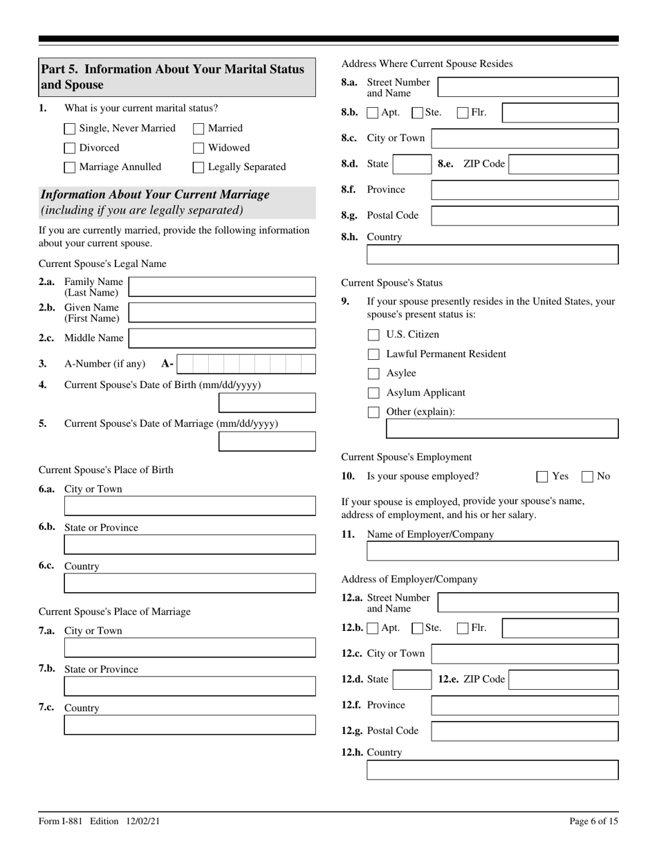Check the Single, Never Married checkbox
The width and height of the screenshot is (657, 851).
[x=69, y=129]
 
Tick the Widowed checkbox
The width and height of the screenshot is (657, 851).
[x=198, y=148]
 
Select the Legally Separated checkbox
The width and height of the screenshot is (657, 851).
[x=198, y=167]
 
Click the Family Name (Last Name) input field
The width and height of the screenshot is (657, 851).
[x=222, y=287]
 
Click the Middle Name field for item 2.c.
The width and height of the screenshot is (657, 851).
[x=222, y=338]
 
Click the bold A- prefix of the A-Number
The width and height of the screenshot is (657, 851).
[x=167, y=364]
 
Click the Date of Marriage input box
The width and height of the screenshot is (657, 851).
[x=267, y=441]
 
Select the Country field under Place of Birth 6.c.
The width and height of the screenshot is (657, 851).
[x=189, y=583]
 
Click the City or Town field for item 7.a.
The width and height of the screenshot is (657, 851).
[x=189, y=648]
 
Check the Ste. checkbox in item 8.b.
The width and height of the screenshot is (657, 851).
[x=417, y=113]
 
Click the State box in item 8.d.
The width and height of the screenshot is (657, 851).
[x=411, y=165]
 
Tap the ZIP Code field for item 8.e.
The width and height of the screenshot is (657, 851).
[x=563, y=165]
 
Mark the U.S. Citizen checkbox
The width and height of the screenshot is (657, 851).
[x=373, y=335]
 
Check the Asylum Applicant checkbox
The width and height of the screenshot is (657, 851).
[x=373, y=393]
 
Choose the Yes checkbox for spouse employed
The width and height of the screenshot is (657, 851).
[x=542, y=477]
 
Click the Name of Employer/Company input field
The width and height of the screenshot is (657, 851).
[x=492, y=551]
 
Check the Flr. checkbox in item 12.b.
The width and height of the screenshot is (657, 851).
[x=463, y=629]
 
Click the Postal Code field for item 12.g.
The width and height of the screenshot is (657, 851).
[x=524, y=731]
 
